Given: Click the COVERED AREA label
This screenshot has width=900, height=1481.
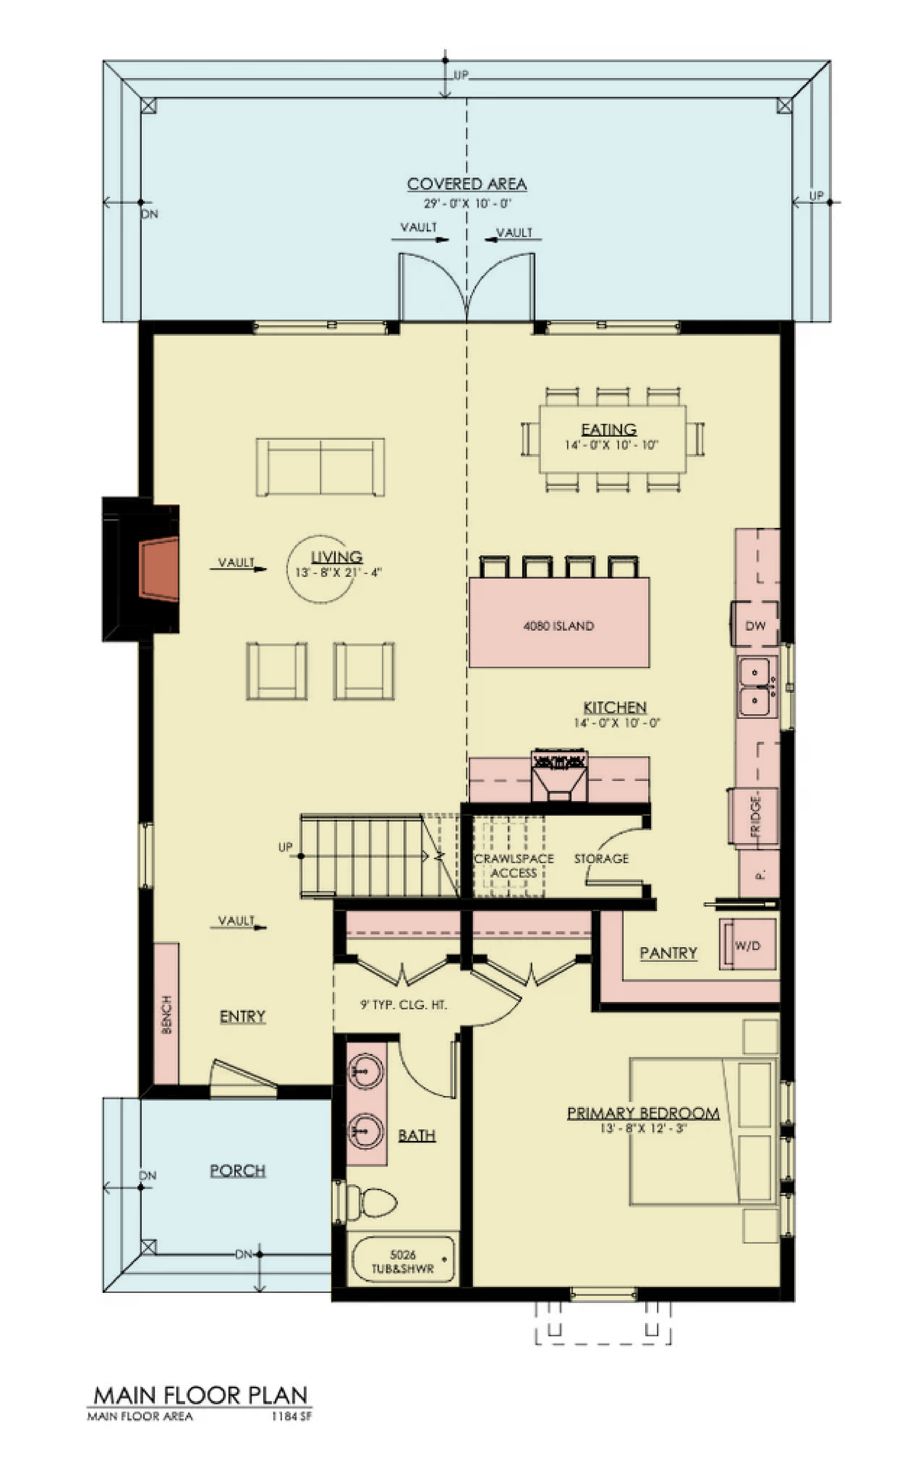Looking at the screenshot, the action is point(467,184).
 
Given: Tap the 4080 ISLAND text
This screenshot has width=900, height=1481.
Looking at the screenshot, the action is point(559,626).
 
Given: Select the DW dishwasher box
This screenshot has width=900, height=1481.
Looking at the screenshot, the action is point(755,624).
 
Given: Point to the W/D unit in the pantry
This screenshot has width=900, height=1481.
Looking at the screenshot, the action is point(748,945).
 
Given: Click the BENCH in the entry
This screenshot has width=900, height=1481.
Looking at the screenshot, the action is point(167,1014).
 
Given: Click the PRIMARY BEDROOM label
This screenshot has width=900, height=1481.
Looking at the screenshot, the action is point(643,1113).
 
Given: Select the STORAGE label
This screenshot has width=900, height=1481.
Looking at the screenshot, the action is point(601,859).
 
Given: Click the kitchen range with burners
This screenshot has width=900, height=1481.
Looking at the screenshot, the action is point(559,775).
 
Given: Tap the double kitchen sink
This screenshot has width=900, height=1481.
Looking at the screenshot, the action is point(757,686).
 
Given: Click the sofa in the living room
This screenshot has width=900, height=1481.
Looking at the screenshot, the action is point(320,467).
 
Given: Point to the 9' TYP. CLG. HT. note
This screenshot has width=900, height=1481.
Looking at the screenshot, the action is point(403,1004).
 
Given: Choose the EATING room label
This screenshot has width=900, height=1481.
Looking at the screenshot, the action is point(608,429).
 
